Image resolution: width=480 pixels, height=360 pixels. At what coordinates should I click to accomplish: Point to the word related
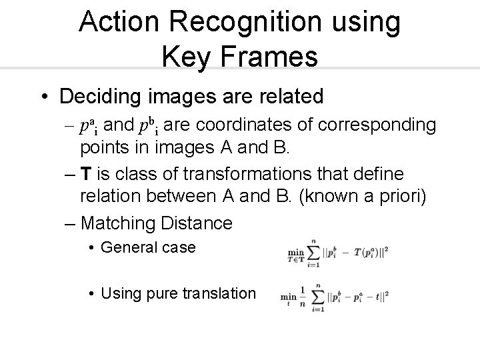[284, 97]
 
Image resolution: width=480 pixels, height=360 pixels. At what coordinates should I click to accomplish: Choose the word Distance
[199, 223]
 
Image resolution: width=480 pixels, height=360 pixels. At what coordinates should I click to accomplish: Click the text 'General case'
[148, 247]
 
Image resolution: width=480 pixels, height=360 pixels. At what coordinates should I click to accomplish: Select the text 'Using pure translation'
[178, 293]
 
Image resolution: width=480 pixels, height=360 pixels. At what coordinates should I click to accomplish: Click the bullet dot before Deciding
[43, 97]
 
